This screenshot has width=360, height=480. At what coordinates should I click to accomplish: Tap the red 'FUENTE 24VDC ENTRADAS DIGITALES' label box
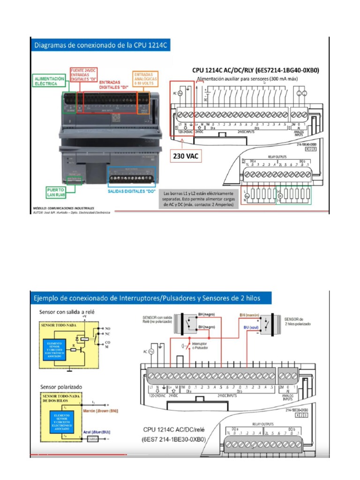pos(84,75)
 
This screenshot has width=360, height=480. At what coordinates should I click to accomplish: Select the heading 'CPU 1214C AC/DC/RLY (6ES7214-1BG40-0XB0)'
pos(255,71)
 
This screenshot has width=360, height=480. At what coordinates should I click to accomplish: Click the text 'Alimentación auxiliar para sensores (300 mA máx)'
pos(248,79)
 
